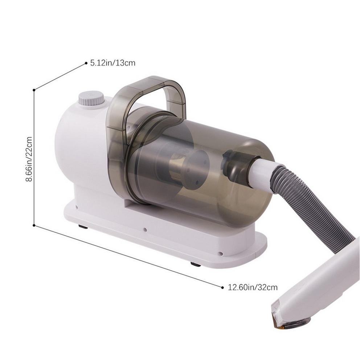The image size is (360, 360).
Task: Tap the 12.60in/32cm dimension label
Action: pyautogui.click(x=253, y=287)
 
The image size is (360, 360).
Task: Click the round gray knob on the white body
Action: pyautogui.click(x=91, y=98)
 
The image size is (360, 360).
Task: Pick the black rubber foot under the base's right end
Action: pyautogui.click(x=196, y=264)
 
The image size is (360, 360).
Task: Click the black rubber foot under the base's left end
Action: pyautogui.click(x=83, y=227)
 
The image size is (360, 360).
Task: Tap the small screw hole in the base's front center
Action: pyautogui.click(x=145, y=229)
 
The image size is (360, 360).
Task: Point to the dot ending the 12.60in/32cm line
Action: pyautogui.click(x=222, y=287)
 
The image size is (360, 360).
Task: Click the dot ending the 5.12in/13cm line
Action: pyautogui.click(x=86, y=63)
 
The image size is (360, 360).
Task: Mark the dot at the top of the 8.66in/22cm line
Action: pyautogui.click(x=34, y=90)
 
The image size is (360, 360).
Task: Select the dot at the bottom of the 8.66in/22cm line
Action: pyautogui.click(x=34, y=225)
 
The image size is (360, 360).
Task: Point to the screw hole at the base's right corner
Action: pyautogui.click(x=220, y=254)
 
